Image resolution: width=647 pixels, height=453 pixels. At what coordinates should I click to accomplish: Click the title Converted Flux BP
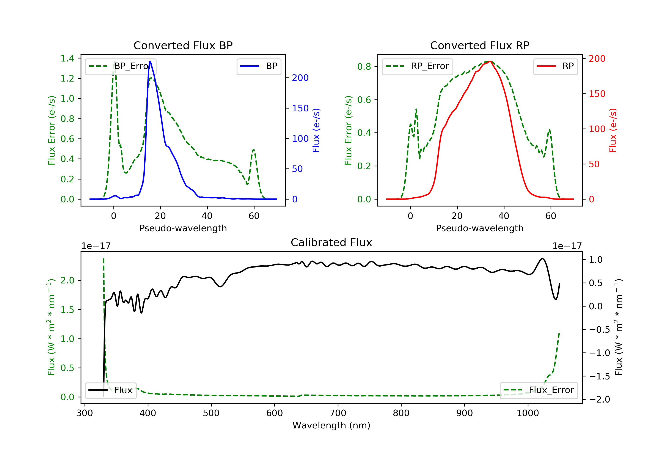183,45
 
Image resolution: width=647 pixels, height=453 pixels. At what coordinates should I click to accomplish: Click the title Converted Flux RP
480,45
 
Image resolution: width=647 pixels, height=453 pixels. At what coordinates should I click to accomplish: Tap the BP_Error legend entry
121,66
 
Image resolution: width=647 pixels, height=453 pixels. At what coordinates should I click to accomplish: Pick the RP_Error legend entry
417,66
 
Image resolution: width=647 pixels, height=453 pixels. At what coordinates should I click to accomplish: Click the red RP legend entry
555,66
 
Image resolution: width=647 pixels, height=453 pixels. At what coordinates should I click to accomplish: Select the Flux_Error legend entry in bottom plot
539,390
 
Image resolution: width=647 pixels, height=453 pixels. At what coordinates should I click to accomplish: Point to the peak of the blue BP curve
150,61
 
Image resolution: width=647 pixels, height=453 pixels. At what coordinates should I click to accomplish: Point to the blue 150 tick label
300,108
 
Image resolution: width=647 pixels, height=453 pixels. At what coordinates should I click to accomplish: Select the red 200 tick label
597,59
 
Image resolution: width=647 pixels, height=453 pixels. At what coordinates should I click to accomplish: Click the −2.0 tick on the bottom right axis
599,400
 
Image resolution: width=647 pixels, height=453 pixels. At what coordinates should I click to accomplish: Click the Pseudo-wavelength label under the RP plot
480,228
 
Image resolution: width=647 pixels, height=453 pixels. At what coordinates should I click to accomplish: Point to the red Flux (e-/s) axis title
613,130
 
